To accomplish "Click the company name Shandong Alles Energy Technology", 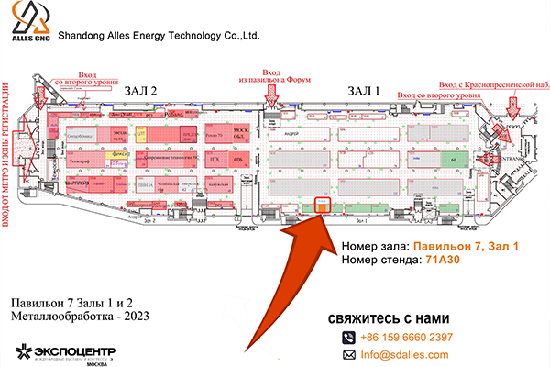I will pyautogui.click(x=159, y=37).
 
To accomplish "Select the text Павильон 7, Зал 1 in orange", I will pyautogui.click(x=465, y=247).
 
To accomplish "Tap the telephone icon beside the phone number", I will pyautogui.click(x=348, y=337).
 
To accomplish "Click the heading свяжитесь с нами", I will pyautogui.click(x=389, y=318).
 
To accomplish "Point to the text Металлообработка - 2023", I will pyautogui.click(x=77, y=317).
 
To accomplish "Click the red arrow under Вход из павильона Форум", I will pyautogui.click(x=271, y=94).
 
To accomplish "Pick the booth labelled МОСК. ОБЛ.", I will pyautogui.click(x=242, y=136).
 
